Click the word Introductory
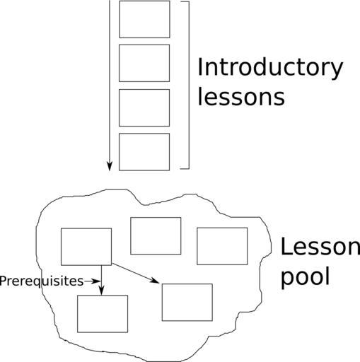point(270,69)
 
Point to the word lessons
point(241,97)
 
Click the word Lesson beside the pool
point(320,247)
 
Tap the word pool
point(305,277)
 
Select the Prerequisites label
point(42,281)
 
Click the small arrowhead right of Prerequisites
point(97,281)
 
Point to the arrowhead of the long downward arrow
point(109,166)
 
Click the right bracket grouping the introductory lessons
point(189,85)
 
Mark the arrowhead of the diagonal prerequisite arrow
point(155,281)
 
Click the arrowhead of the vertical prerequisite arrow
point(101,291)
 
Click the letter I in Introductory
point(199,66)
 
